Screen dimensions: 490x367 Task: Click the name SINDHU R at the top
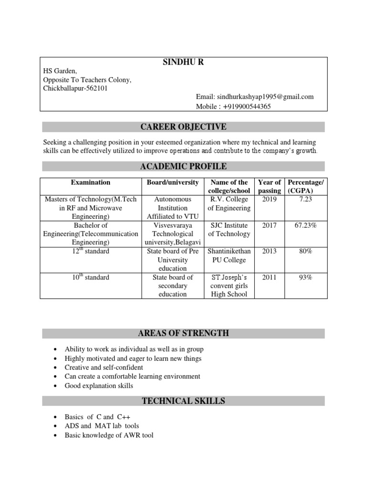click(183, 63)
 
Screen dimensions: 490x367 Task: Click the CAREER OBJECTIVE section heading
click(183, 127)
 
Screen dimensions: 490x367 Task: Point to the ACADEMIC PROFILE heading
click(183, 167)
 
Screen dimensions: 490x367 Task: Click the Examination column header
click(91, 182)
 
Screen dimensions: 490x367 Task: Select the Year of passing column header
click(270, 186)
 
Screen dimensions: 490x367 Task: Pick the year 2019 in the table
click(270, 200)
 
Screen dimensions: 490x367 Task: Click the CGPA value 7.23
click(305, 200)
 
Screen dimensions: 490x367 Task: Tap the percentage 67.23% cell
click(305, 225)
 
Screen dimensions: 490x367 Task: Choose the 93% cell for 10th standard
click(305, 277)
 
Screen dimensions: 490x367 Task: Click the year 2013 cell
click(270, 251)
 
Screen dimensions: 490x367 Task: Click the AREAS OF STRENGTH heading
click(183, 333)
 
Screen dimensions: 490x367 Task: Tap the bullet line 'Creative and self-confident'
click(104, 367)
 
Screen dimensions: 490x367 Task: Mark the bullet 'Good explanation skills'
click(99, 386)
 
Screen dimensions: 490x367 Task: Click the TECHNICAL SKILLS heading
click(183, 401)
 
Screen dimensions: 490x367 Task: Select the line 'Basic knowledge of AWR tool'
click(109, 435)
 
